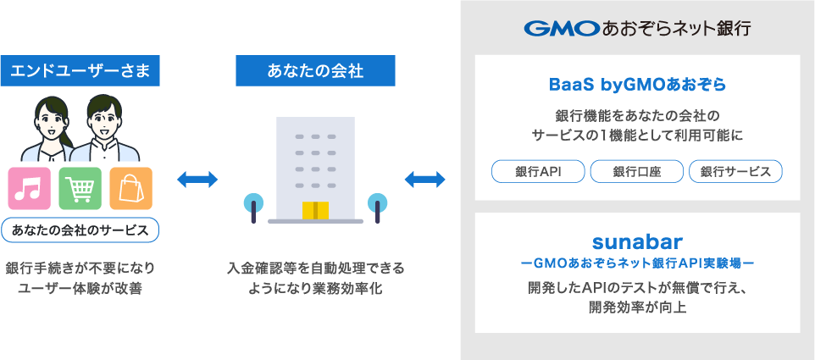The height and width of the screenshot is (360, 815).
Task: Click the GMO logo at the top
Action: [x=561, y=29]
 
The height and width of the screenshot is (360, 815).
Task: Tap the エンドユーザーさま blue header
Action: [x=80, y=71]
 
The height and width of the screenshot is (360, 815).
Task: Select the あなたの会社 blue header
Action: [x=315, y=71]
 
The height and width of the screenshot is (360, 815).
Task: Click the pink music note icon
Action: [x=30, y=188]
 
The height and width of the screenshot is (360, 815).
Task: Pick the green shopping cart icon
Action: [x=80, y=188]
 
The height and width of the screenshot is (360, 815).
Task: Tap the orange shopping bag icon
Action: [x=130, y=188]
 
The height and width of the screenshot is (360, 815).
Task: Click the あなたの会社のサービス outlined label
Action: [x=80, y=230]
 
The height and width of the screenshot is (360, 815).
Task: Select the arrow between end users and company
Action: [x=198, y=180]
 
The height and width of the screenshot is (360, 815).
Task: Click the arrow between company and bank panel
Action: [x=424, y=180]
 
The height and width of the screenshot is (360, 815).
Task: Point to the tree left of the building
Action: [x=252, y=205]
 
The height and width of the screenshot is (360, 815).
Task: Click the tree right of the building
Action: [x=377, y=205]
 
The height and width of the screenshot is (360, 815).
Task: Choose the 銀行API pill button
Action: [x=538, y=171]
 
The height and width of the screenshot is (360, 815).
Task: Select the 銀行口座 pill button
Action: [x=637, y=171]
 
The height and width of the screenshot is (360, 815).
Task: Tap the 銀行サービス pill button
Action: [x=735, y=171]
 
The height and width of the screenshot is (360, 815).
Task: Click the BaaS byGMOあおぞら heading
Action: [x=637, y=86]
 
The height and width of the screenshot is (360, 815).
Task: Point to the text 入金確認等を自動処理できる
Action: [x=315, y=269]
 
